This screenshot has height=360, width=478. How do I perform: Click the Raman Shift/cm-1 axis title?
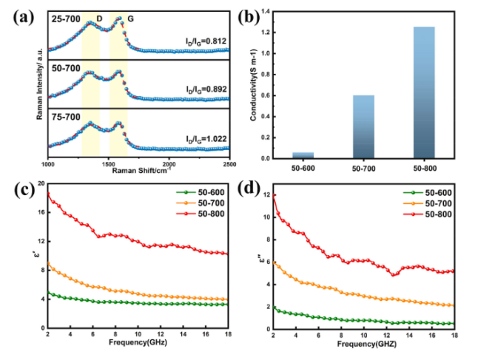141,171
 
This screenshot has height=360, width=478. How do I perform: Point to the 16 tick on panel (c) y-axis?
41,212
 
